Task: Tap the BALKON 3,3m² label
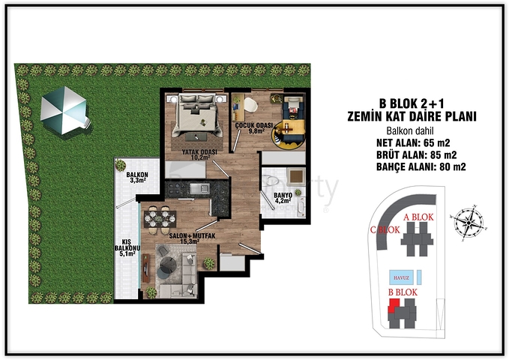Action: click(137, 177)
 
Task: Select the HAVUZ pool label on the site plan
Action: click(401, 274)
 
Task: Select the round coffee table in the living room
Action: click(169, 263)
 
